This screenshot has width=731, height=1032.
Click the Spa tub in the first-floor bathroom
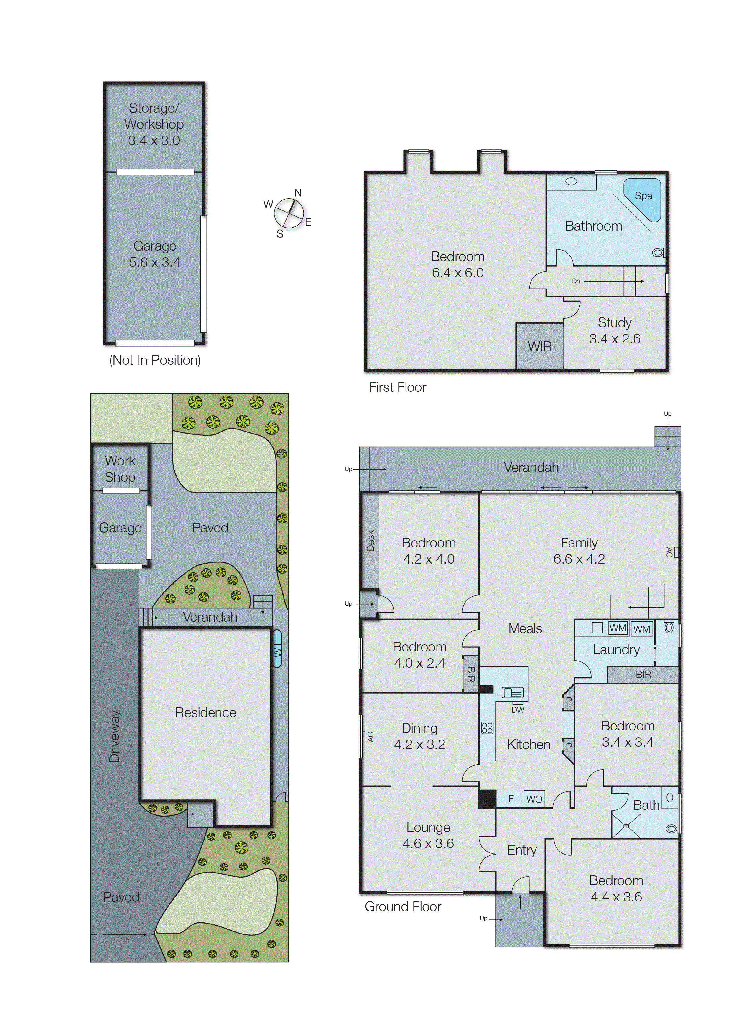click(x=644, y=198)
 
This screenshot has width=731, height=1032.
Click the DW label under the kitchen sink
click(x=518, y=710)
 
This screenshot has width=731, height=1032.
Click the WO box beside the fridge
click(x=534, y=799)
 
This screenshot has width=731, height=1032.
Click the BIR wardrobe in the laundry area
click(x=643, y=674)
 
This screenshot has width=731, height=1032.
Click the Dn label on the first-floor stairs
click(x=576, y=281)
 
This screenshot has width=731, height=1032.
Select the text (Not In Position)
click(x=155, y=360)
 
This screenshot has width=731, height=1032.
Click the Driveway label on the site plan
click(x=115, y=736)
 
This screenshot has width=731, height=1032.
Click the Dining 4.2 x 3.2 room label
click(x=419, y=736)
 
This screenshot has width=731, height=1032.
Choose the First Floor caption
click(x=397, y=387)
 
